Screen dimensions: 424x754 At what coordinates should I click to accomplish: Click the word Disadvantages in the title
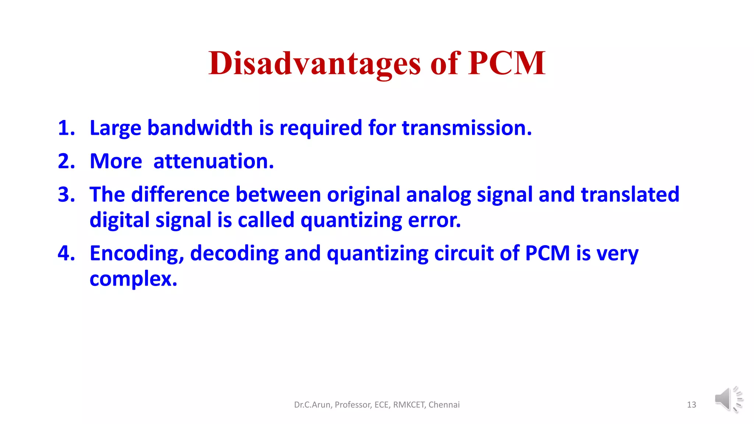click(x=314, y=64)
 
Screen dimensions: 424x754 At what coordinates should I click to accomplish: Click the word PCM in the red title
click(x=507, y=64)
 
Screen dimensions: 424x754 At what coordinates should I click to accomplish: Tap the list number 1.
click(x=66, y=128)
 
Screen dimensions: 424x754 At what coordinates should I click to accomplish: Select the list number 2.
click(x=66, y=161)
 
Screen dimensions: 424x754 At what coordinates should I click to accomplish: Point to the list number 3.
click(x=66, y=194)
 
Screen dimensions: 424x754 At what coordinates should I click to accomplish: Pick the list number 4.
click(x=66, y=253)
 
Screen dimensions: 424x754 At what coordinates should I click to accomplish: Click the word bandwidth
click(x=200, y=128)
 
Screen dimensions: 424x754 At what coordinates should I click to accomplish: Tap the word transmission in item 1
click(x=466, y=128)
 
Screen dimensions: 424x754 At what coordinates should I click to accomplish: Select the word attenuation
click(x=214, y=161)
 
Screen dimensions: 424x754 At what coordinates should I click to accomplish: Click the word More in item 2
click(x=116, y=161)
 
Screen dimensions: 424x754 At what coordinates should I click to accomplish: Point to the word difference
click(x=180, y=194)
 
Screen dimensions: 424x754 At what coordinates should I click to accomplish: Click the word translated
click(x=630, y=194)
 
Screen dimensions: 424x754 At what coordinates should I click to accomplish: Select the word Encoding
click(x=137, y=254)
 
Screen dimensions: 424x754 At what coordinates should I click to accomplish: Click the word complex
click(x=133, y=279)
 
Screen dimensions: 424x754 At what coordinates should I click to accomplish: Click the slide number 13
click(x=691, y=405)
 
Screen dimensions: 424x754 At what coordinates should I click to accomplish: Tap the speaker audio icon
click(x=728, y=399)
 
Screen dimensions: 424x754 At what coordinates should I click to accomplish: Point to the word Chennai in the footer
click(x=444, y=405)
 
